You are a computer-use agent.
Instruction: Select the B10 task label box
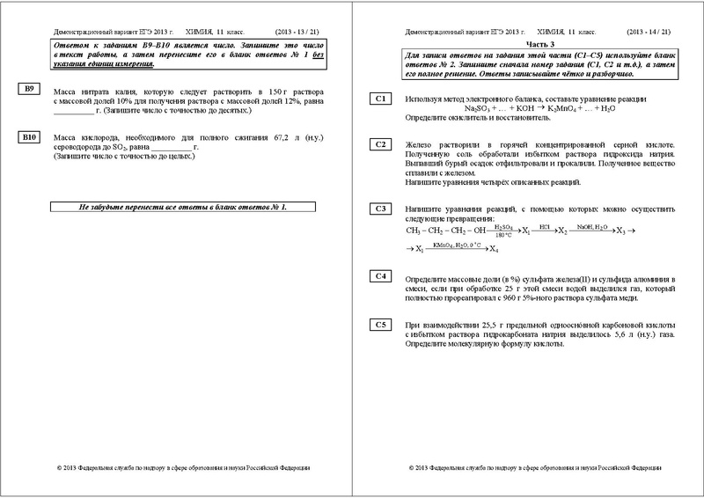30,138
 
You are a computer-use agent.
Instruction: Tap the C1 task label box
381,99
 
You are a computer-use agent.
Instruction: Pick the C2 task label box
381,143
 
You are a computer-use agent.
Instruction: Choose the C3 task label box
381,209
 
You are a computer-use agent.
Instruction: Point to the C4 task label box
381,276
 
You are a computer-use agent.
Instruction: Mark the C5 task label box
381,324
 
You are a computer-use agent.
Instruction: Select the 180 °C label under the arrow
503,236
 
